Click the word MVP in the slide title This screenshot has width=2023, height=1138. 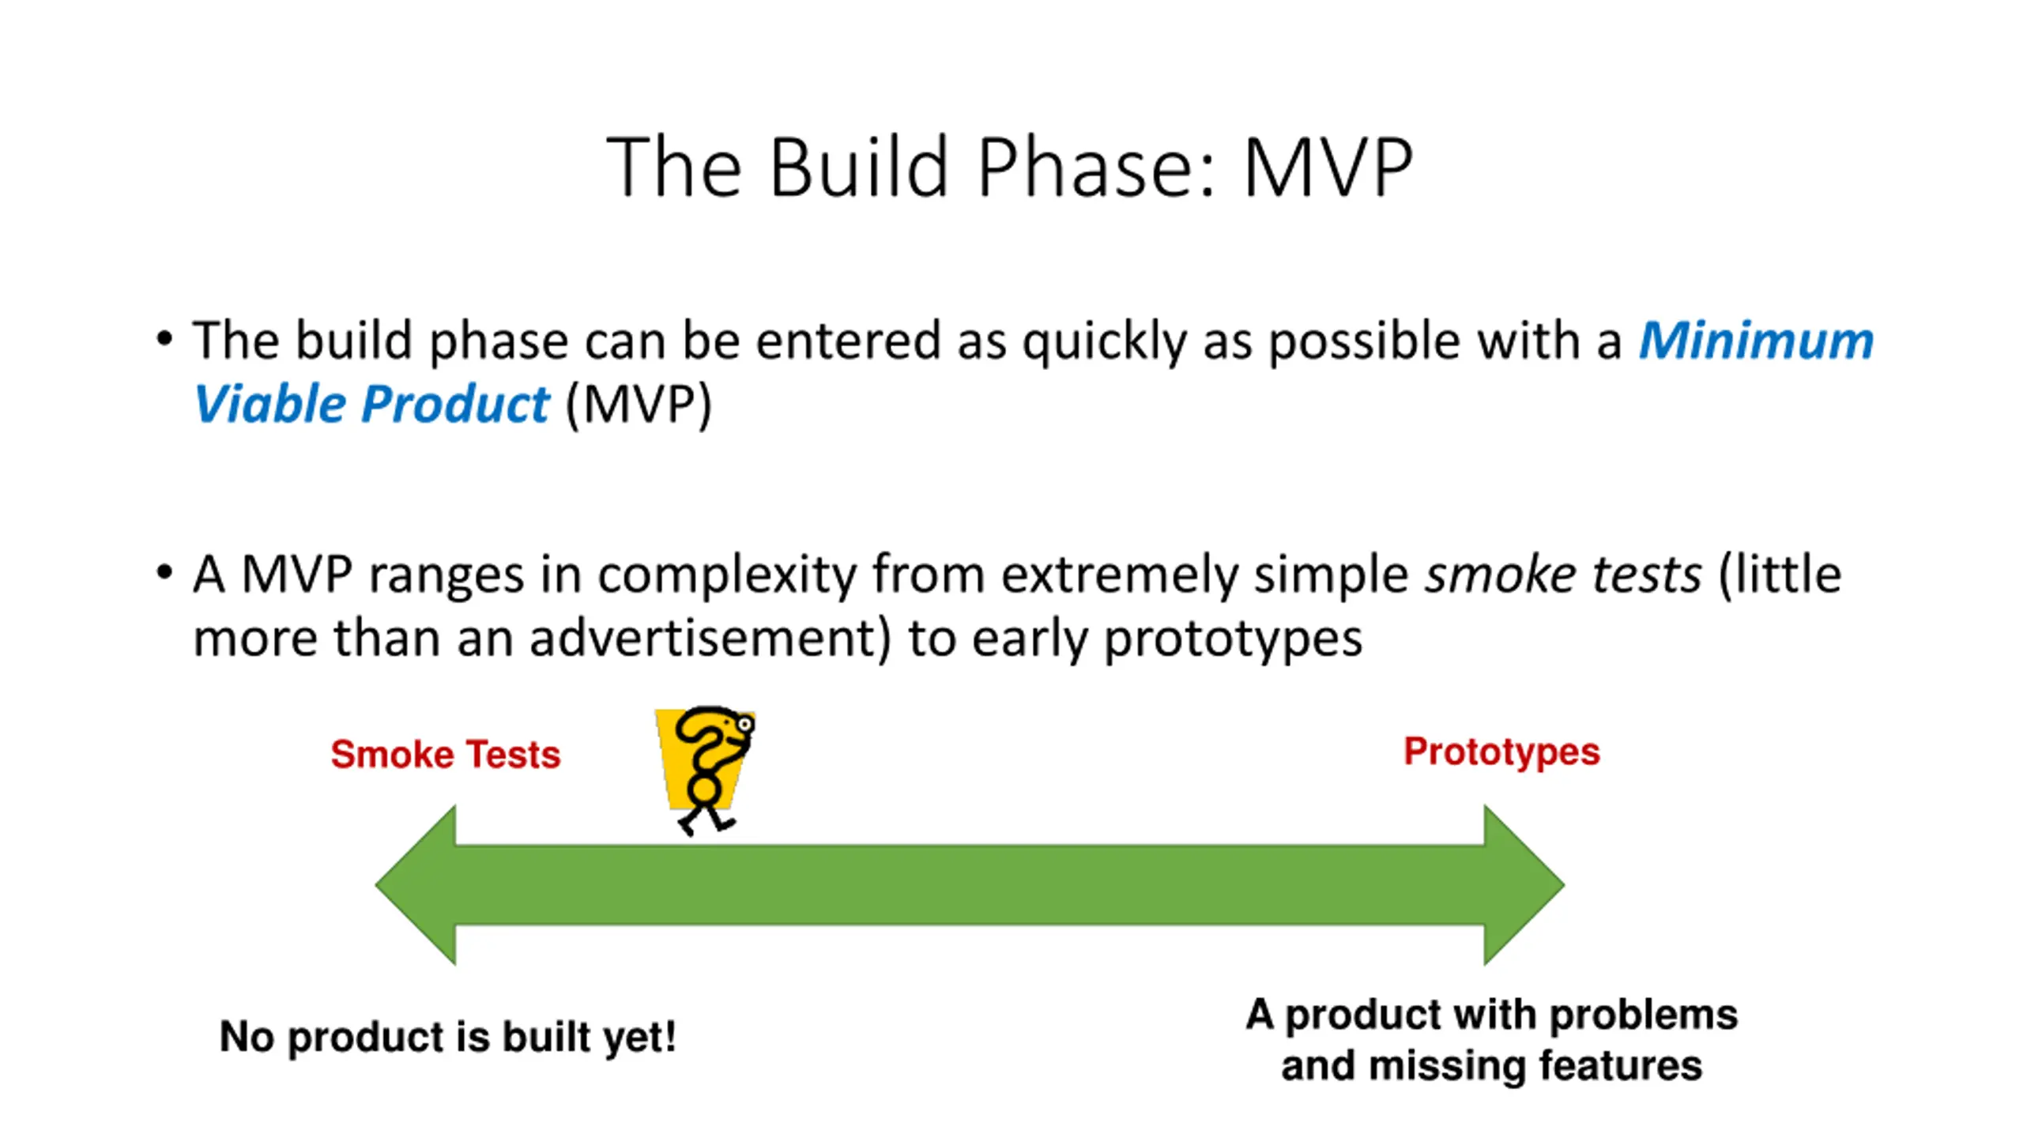(1328, 168)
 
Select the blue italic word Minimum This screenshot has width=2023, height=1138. (1756, 341)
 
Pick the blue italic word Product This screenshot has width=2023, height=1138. (455, 404)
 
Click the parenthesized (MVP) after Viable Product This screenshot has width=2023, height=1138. (639, 405)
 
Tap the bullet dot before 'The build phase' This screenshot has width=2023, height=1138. (164, 340)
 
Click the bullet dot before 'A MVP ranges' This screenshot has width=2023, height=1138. (164, 572)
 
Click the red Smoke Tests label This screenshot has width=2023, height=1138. (446, 754)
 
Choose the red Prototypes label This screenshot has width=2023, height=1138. (1501, 752)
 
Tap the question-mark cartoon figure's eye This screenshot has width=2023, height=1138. (744, 722)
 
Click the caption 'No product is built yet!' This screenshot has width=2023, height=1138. (448, 1037)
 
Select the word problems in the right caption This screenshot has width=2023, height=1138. (1644, 1016)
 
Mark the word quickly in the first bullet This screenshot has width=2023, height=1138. (1105, 342)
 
